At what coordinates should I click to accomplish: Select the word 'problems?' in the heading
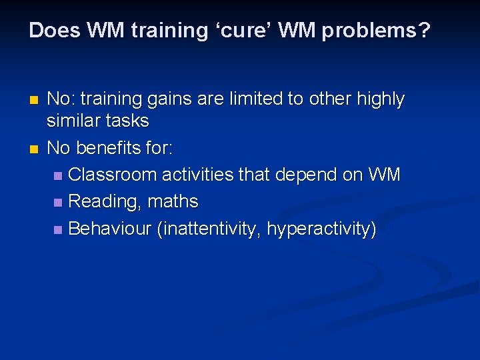[x=376, y=31]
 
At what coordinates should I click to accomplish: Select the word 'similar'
[x=71, y=121]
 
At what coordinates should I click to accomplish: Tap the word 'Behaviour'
[x=110, y=229]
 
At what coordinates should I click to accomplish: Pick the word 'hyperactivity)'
[x=321, y=229]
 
